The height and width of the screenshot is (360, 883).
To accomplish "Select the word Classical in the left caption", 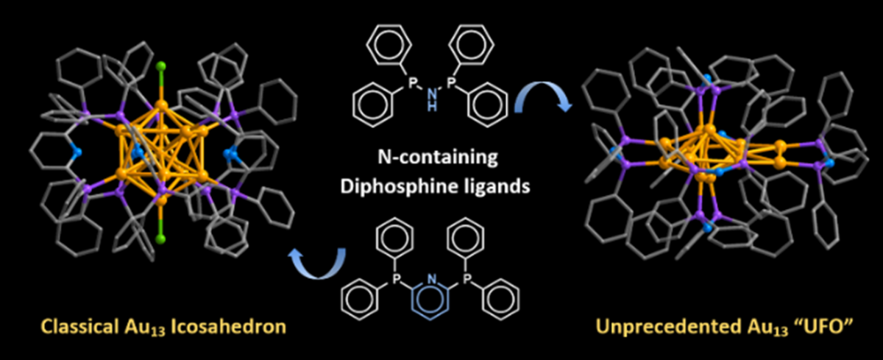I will (80, 325).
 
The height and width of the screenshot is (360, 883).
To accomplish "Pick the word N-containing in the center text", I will (440, 158).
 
